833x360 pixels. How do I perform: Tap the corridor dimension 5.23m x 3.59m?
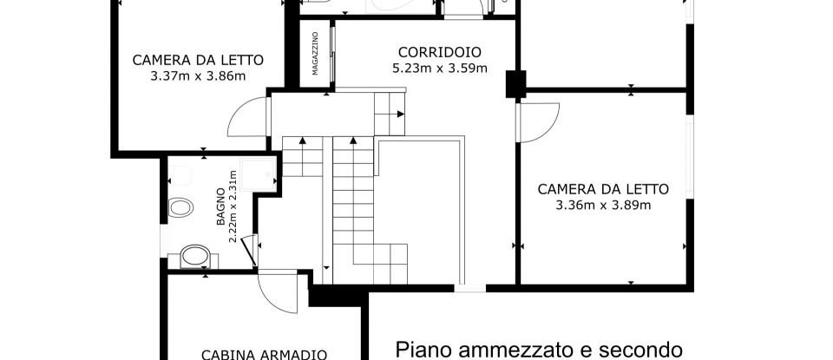428,67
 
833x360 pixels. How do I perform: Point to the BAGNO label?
221,206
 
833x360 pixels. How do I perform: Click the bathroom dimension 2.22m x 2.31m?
233,206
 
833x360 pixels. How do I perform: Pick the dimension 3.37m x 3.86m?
198,75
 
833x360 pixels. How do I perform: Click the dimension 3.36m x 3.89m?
603,205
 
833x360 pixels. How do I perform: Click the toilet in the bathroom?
181,207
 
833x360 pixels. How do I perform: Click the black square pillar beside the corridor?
516,82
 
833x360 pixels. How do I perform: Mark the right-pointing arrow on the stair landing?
400,114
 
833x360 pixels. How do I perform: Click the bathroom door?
248,252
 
